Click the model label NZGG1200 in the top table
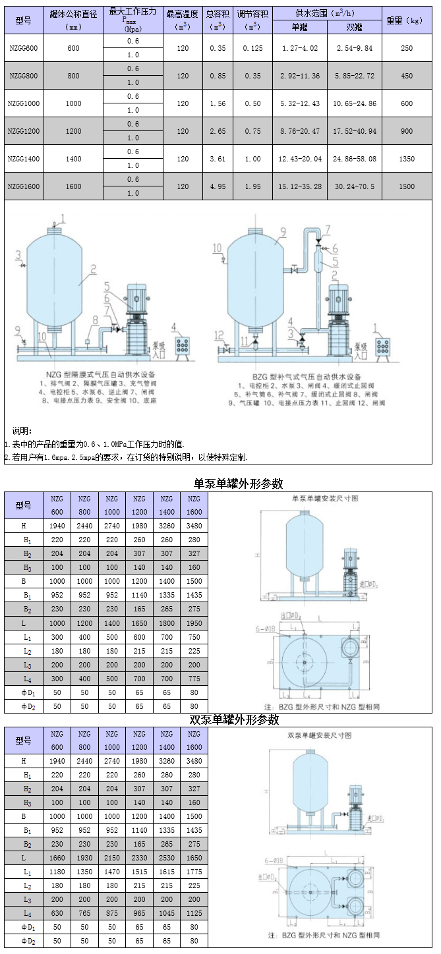coord(24,131)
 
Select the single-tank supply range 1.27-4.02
coord(300,48)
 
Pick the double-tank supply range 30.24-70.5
coord(355,186)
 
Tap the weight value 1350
coord(407,159)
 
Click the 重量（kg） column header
coord(405,20)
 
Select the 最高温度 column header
coord(182,14)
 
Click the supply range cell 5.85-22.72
coord(355,76)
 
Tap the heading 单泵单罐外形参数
coord(238,484)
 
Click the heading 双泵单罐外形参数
coord(235,719)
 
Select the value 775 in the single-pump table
coord(194,679)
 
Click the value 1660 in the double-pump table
coord(57,857)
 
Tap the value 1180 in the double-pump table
coord(57,871)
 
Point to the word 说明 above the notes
coord(22,431)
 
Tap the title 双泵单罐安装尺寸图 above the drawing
coord(320,734)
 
